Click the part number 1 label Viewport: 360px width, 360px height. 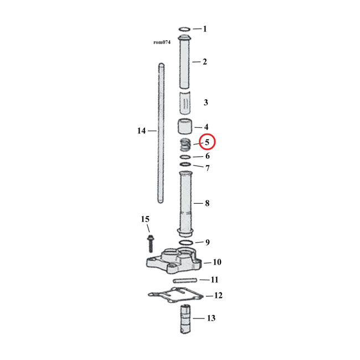pos(204,29)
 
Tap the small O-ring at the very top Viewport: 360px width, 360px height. pos(185,29)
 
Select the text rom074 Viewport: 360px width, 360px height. pos(162,42)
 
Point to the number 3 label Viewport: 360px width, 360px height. pos(205,102)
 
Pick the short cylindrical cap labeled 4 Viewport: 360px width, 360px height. pos(186,127)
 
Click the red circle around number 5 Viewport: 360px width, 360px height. pos(207,142)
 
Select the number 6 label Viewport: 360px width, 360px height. pos(207,156)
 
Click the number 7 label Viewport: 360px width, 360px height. pos(207,168)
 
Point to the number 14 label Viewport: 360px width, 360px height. pos(141,131)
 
